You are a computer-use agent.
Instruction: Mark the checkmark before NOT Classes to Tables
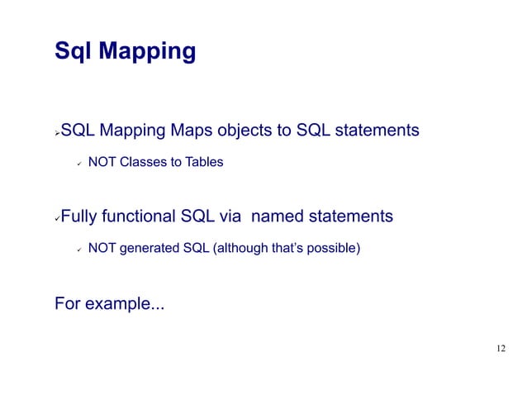(76, 163)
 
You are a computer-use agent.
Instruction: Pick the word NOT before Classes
(102, 162)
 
